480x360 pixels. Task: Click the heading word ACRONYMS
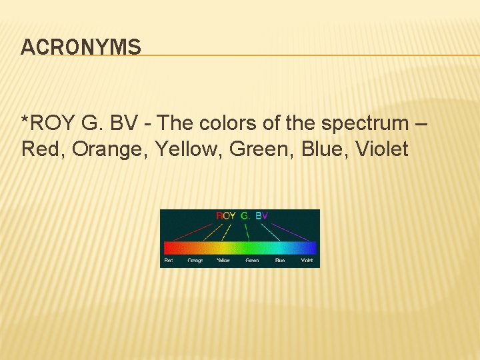[x=81, y=47]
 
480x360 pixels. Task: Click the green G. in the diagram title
[x=245, y=216]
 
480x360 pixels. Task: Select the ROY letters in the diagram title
[x=226, y=216]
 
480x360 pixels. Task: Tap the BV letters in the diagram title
[x=261, y=216]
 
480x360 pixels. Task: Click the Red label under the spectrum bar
[x=169, y=260]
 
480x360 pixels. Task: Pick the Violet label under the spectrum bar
[x=307, y=260]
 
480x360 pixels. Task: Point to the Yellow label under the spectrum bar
[x=223, y=260]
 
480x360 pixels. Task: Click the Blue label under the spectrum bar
[x=280, y=260]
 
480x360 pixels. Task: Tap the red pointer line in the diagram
[x=193, y=230]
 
